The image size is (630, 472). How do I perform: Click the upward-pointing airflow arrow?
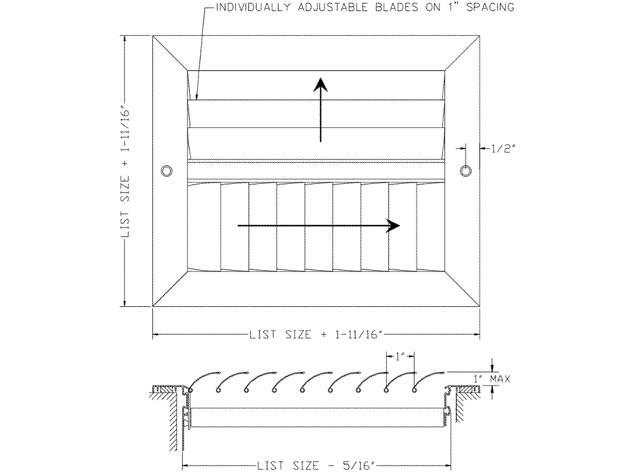[321, 109]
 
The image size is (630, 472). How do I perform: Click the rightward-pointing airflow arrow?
[319, 226]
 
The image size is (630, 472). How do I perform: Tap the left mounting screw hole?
[166, 171]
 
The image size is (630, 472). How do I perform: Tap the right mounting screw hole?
[465, 171]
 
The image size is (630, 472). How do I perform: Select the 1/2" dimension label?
[502, 149]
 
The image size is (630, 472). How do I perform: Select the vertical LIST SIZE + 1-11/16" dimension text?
[126, 171]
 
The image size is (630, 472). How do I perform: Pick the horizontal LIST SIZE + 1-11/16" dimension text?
[316, 334]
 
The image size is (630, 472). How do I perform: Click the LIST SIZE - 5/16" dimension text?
[317, 466]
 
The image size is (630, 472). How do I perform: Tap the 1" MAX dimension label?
[491, 379]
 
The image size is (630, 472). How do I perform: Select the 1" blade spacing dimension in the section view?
[400, 356]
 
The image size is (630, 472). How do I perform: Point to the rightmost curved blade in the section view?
[428, 381]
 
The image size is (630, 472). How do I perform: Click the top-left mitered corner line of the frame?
[170, 53]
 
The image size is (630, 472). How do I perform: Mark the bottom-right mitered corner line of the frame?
[462, 288]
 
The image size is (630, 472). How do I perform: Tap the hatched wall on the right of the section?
[462, 405]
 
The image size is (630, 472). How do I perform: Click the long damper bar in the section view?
[319, 418]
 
